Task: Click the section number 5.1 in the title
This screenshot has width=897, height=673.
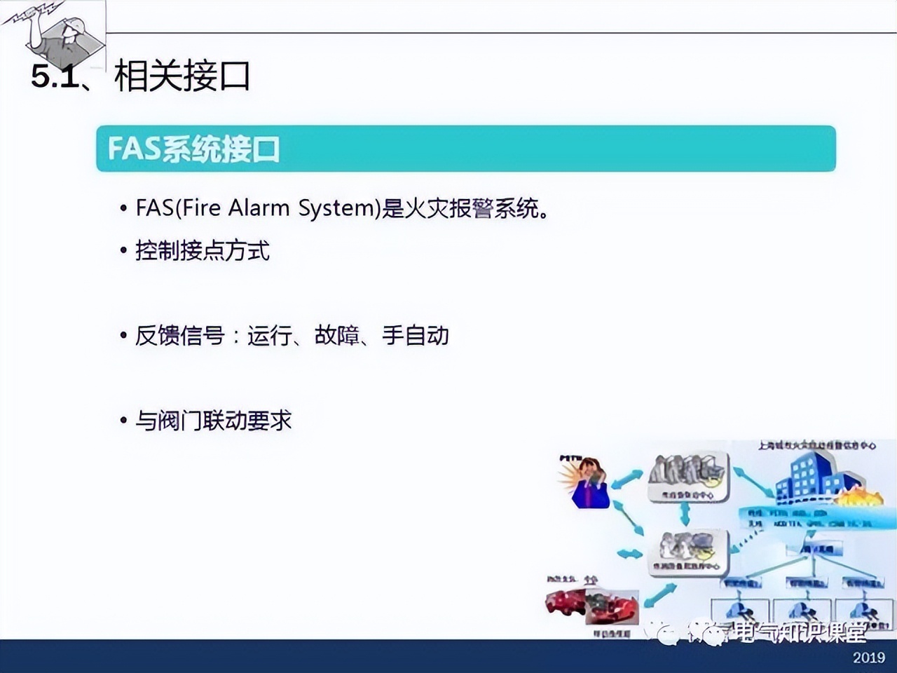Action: tap(55, 76)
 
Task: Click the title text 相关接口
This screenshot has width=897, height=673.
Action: tap(182, 76)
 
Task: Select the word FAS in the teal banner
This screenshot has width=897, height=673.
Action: tap(134, 149)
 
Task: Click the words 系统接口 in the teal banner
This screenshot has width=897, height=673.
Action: tap(221, 149)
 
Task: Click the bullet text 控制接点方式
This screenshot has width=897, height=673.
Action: tap(203, 250)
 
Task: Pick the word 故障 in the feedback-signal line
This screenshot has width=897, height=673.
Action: tap(337, 335)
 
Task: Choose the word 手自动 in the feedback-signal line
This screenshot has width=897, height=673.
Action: tap(416, 335)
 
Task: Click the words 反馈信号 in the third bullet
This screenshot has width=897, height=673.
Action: tap(180, 335)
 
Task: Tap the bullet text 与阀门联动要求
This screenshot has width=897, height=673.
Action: tap(213, 420)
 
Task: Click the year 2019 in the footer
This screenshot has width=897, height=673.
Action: tap(869, 657)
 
